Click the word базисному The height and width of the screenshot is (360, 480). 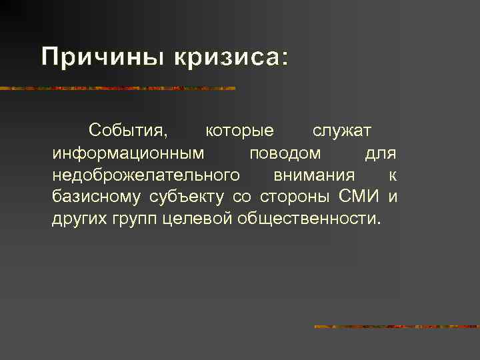click(97, 197)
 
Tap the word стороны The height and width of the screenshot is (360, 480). click(294, 197)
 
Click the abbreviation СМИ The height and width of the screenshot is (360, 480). click(359, 197)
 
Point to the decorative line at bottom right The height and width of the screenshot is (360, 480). click(397, 327)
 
